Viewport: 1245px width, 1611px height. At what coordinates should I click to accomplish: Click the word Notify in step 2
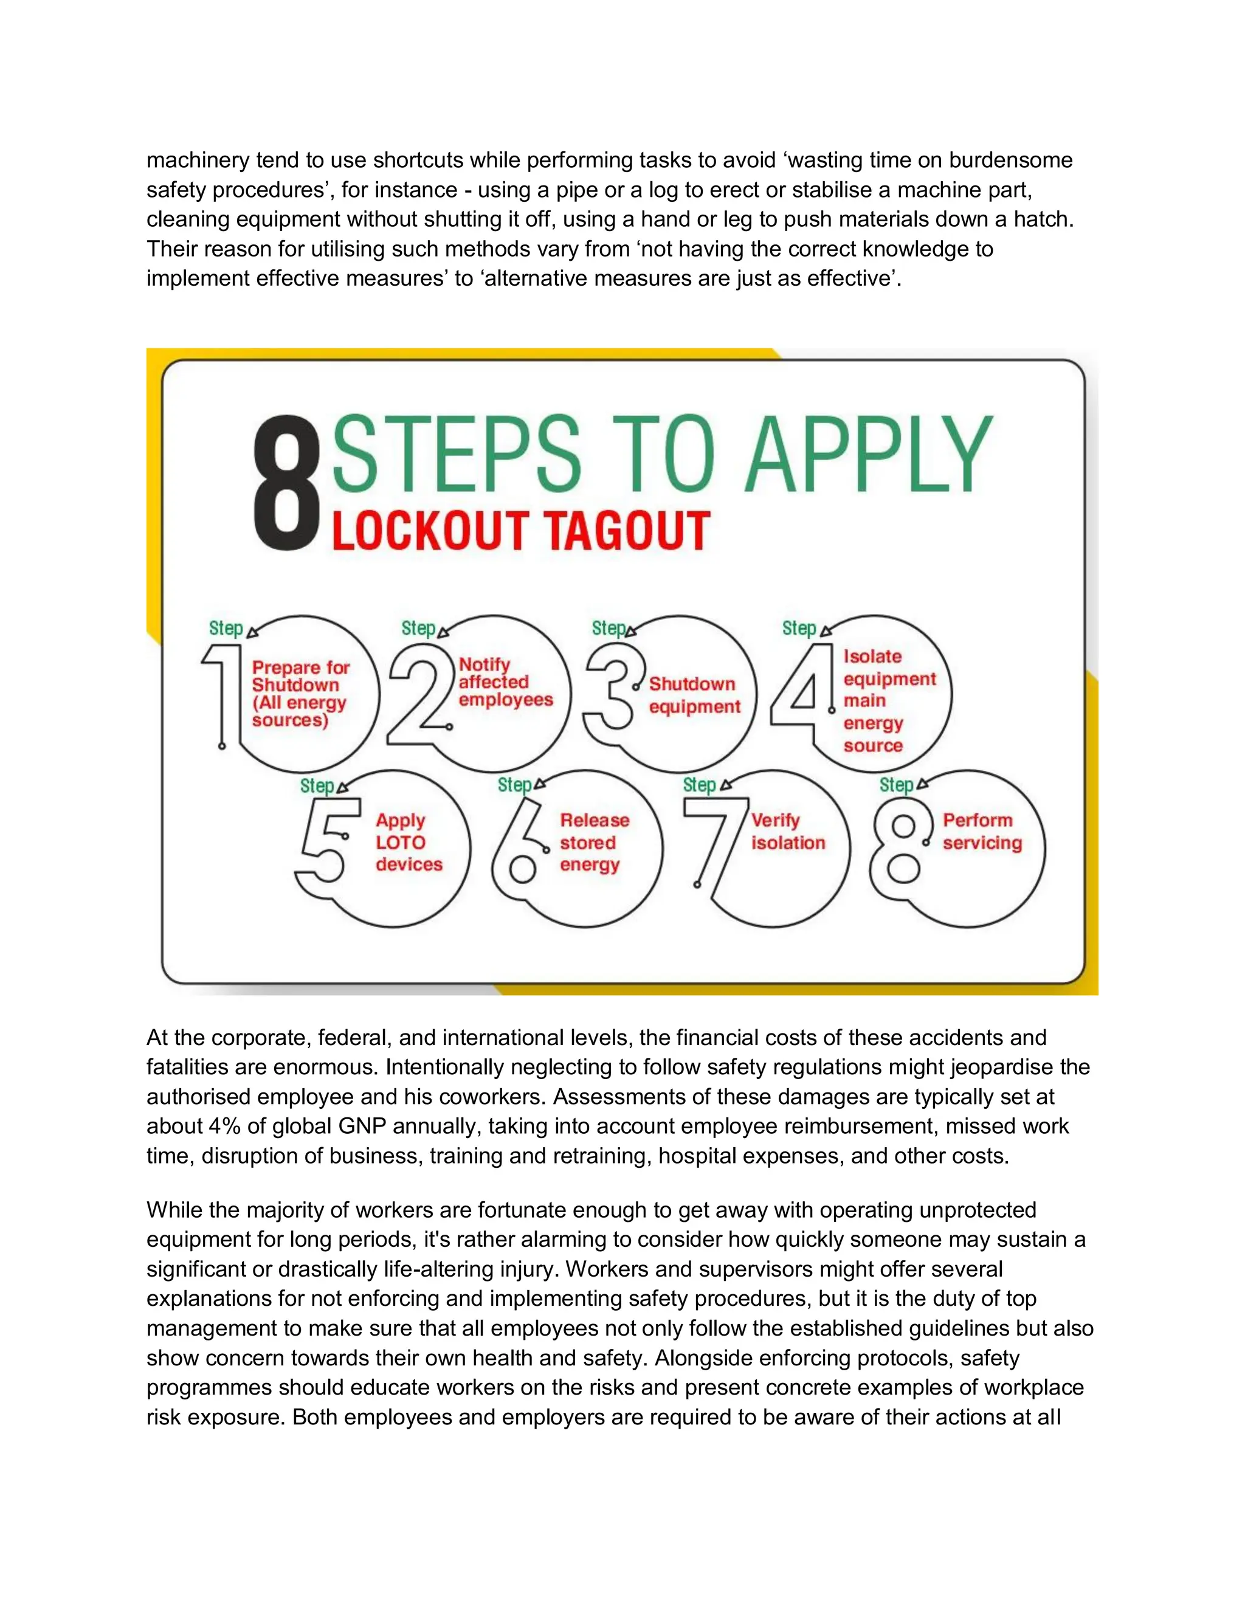point(484,664)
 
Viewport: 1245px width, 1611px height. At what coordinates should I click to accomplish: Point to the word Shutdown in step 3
point(692,684)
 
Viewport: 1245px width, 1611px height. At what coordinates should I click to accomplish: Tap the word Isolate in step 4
point(872,657)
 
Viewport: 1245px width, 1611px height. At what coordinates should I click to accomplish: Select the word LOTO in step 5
point(401,843)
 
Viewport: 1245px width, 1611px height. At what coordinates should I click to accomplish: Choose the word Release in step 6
point(595,820)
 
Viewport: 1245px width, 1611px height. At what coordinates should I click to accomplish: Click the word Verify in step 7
point(775,820)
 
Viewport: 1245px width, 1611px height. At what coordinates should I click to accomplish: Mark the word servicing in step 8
point(982,843)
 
